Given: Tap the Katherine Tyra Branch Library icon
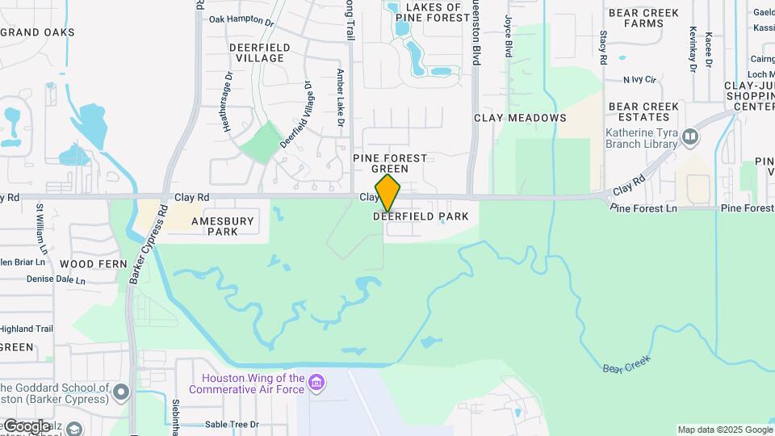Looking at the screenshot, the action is pos(690,137).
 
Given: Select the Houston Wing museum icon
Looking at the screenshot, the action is pos(316,380).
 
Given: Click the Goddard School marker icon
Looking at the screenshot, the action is pos(121,392).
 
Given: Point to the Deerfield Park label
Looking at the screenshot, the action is pos(421,216).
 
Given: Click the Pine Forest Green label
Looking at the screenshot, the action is pos(390,163).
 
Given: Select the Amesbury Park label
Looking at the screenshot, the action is pos(223,226).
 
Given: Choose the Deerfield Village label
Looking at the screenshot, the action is pos(257,52).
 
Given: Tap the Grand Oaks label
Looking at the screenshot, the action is pos(38,32).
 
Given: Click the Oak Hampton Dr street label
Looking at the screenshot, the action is pos(241,19).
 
